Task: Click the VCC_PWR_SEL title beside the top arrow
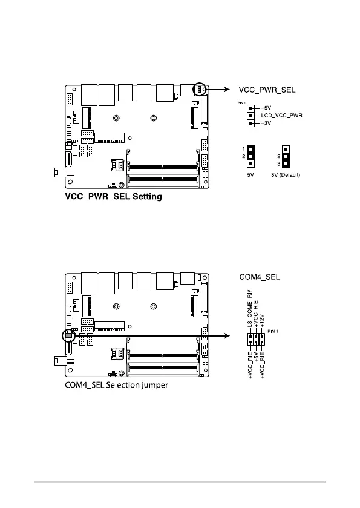[x=267, y=90]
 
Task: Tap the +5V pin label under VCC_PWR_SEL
[x=266, y=108]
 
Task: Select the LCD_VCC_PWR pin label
[x=282, y=115]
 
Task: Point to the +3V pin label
[x=266, y=123]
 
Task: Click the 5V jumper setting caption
[x=250, y=175]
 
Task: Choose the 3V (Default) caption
[x=286, y=175]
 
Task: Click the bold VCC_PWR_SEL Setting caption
[x=113, y=197]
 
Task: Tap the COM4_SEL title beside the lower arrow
[x=260, y=277]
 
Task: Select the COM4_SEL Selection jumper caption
[x=117, y=385]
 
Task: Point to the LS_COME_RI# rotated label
[x=250, y=308]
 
